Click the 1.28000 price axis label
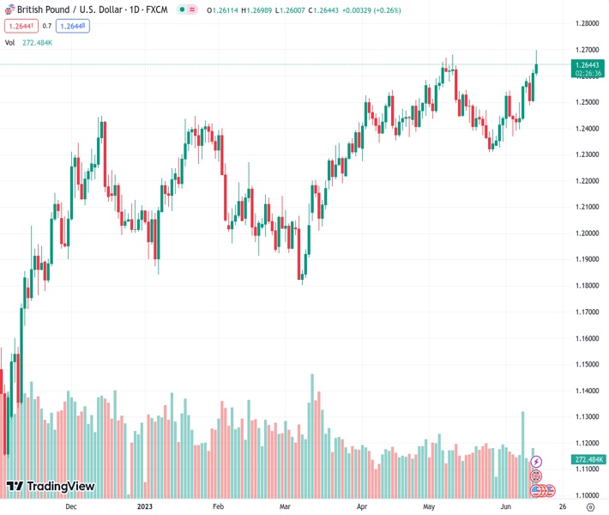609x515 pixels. click(587, 23)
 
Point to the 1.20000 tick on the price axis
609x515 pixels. click(587, 233)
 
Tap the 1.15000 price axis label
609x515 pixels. click(587, 365)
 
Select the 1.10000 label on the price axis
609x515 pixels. click(587, 496)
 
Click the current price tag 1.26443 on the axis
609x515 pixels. click(587, 65)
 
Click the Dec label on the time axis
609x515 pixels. click(71, 507)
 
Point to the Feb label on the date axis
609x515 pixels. click(217, 507)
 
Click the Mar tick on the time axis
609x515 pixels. click(285, 507)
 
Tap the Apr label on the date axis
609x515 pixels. click(361, 507)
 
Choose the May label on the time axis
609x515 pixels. click(430, 507)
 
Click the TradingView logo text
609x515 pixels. click(60, 487)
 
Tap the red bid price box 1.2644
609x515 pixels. click(21, 26)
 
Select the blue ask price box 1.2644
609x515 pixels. click(73, 26)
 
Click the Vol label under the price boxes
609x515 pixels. click(9, 42)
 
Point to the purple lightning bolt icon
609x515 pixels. click(536, 462)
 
